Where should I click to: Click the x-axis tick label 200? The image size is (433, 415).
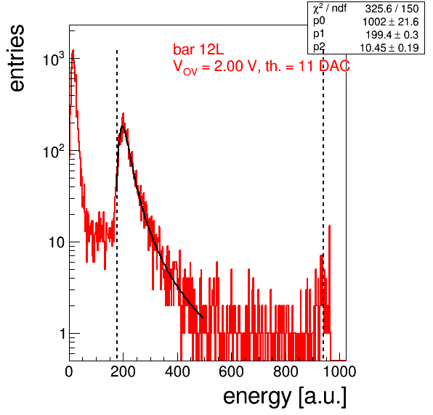pos(123,371)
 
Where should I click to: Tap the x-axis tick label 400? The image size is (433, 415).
pos(177,371)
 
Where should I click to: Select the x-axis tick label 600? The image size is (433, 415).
pos(231,371)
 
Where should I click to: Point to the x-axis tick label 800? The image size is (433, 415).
pos(286,371)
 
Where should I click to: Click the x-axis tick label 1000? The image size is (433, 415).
pos(339,371)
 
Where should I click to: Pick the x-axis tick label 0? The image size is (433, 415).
pos(69,371)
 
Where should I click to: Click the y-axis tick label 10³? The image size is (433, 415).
pos(54,59)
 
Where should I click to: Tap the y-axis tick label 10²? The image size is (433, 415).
pos(54,151)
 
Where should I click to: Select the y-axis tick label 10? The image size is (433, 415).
pos(57,242)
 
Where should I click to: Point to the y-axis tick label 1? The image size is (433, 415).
pos(62,334)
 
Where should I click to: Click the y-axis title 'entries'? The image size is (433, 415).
pos(17,57)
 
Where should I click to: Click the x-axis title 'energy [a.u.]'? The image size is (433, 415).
pos(285,397)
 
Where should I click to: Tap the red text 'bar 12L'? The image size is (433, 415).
pos(198,49)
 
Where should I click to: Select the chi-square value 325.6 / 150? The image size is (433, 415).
pos(392,9)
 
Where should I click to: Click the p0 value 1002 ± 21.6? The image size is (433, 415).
pos(390,22)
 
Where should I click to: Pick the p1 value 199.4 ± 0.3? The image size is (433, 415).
pos(392,35)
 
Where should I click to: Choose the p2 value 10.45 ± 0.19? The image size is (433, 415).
pos(389,48)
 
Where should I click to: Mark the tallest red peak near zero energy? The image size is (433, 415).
pos(73,51)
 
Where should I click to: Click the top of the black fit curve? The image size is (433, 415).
pos(122,126)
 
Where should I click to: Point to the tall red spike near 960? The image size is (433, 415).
pos(329,226)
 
